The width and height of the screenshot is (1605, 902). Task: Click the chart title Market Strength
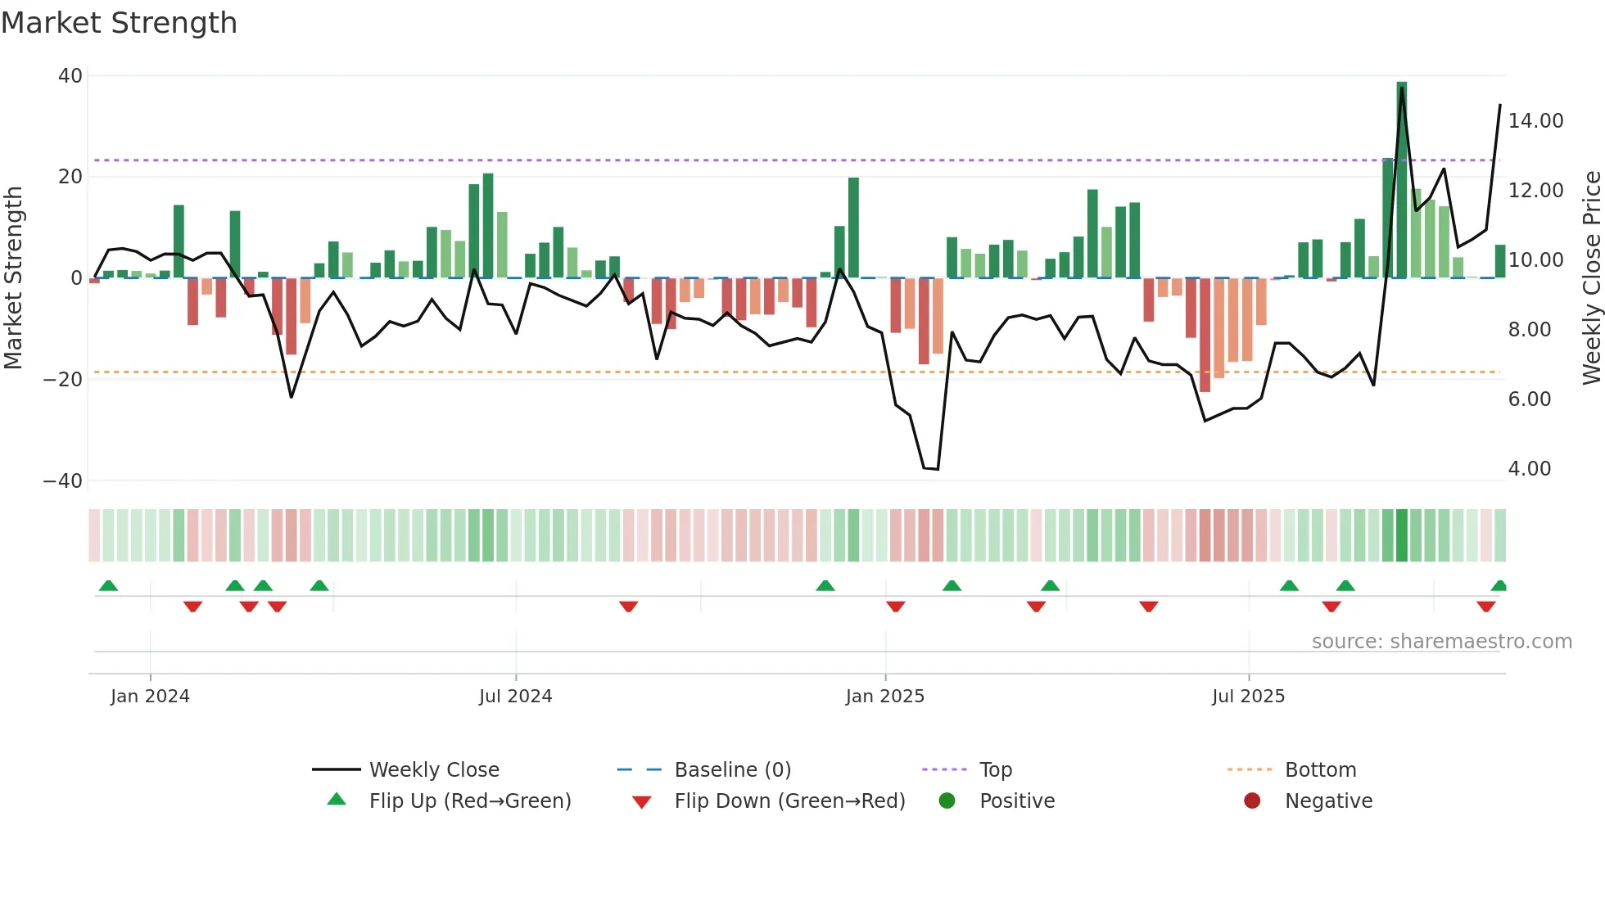pyautogui.click(x=119, y=23)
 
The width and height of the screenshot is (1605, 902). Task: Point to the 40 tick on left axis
pyautogui.click(x=70, y=76)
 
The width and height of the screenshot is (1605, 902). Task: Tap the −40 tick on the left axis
pyautogui.click(x=63, y=481)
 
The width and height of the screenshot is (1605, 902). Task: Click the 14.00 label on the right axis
pyautogui.click(x=1535, y=121)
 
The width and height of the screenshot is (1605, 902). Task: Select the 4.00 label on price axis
pyautogui.click(x=1529, y=469)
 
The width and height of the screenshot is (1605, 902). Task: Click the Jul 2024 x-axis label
pyautogui.click(x=515, y=697)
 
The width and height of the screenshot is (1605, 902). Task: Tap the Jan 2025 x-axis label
pyautogui.click(x=884, y=697)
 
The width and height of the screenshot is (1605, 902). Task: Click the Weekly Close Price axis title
pyautogui.click(x=1591, y=278)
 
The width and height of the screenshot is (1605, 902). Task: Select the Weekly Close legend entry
pyautogui.click(x=433, y=770)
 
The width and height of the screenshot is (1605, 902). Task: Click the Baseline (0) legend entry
pyautogui.click(x=732, y=770)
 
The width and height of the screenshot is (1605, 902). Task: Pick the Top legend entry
pyautogui.click(x=995, y=770)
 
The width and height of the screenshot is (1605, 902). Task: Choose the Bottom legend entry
pyautogui.click(x=1320, y=770)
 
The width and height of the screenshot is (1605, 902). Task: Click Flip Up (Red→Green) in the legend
pyautogui.click(x=469, y=801)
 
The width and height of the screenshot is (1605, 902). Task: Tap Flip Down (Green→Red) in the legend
pyautogui.click(x=789, y=801)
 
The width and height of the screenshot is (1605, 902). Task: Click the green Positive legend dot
pyautogui.click(x=947, y=801)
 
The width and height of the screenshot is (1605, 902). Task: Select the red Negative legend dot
pyautogui.click(x=1252, y=801)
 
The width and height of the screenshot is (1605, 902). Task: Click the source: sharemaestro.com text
pyautogui.click(x=1441, y=642)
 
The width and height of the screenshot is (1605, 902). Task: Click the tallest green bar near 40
pyautogui.click(x=1402, y=180)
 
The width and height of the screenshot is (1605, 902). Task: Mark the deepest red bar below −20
pyautogui.click(x=1205, y=336)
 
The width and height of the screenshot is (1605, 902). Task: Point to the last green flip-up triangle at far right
pyautogui.click(x=1499, y=586)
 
